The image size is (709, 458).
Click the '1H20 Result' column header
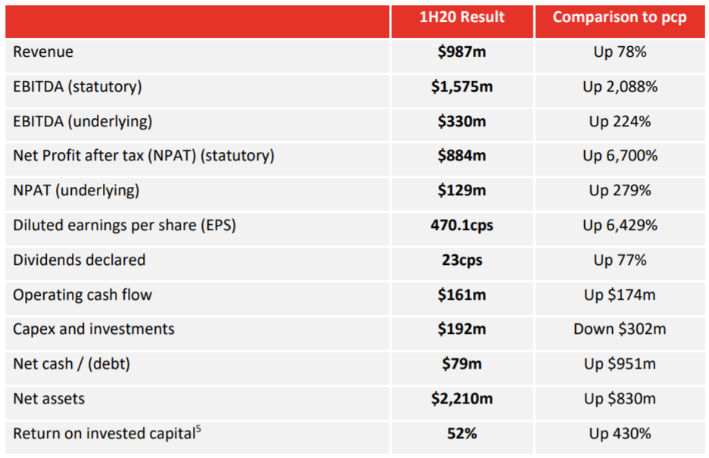[462, 17]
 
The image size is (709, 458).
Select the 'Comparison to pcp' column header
[620, 17]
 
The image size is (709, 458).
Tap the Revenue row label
[43, 52]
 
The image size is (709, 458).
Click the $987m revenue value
[462, 52]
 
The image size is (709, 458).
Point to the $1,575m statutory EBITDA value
[462, 86]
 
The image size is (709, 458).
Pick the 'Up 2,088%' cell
[620, 86]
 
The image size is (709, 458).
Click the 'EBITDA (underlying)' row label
[82, 122]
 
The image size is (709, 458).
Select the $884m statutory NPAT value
[462, 156]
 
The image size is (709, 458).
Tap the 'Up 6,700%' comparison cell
[620, 156]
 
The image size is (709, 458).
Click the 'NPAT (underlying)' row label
[76, 191]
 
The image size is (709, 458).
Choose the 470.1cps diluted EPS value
[462, 226]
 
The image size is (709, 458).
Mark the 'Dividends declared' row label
[79, 260]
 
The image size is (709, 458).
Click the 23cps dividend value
[462, 260]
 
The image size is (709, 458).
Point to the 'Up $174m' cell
[620, 295]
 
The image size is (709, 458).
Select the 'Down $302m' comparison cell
[620, 329]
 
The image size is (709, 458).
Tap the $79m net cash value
[462, 364]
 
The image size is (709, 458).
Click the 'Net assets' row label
[49, 399]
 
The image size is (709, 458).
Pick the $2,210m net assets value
[462, 399]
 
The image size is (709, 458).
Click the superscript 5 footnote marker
[198, 428]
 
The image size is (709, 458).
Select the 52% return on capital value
[462, 434]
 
